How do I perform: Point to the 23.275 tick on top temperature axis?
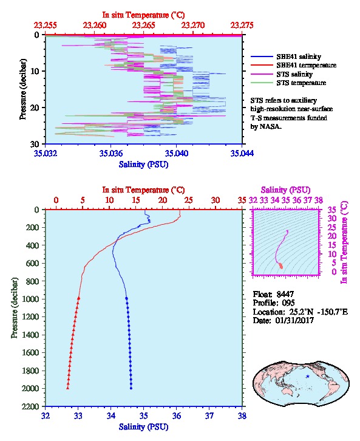pos(242,26)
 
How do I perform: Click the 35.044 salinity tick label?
pos(242,153)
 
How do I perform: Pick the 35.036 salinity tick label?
pos(110,153)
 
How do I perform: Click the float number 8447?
pos(285,294)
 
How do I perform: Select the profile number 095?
pos(288,303)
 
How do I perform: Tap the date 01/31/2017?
pos(294,320)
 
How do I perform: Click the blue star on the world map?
pos(308,377)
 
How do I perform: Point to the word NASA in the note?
pos(270,126)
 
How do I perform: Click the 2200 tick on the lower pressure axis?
pos(30,406)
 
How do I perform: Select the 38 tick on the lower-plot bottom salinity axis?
pos(242,415)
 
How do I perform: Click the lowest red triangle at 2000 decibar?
pos(68,388)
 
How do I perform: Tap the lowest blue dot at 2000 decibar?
pos(131,388)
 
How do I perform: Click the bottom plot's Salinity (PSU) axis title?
pos(144,426)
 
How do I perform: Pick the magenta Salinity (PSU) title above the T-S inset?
pos(285,190)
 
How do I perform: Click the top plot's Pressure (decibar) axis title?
pos(23,89)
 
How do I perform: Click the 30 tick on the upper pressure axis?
pos(35,144)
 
